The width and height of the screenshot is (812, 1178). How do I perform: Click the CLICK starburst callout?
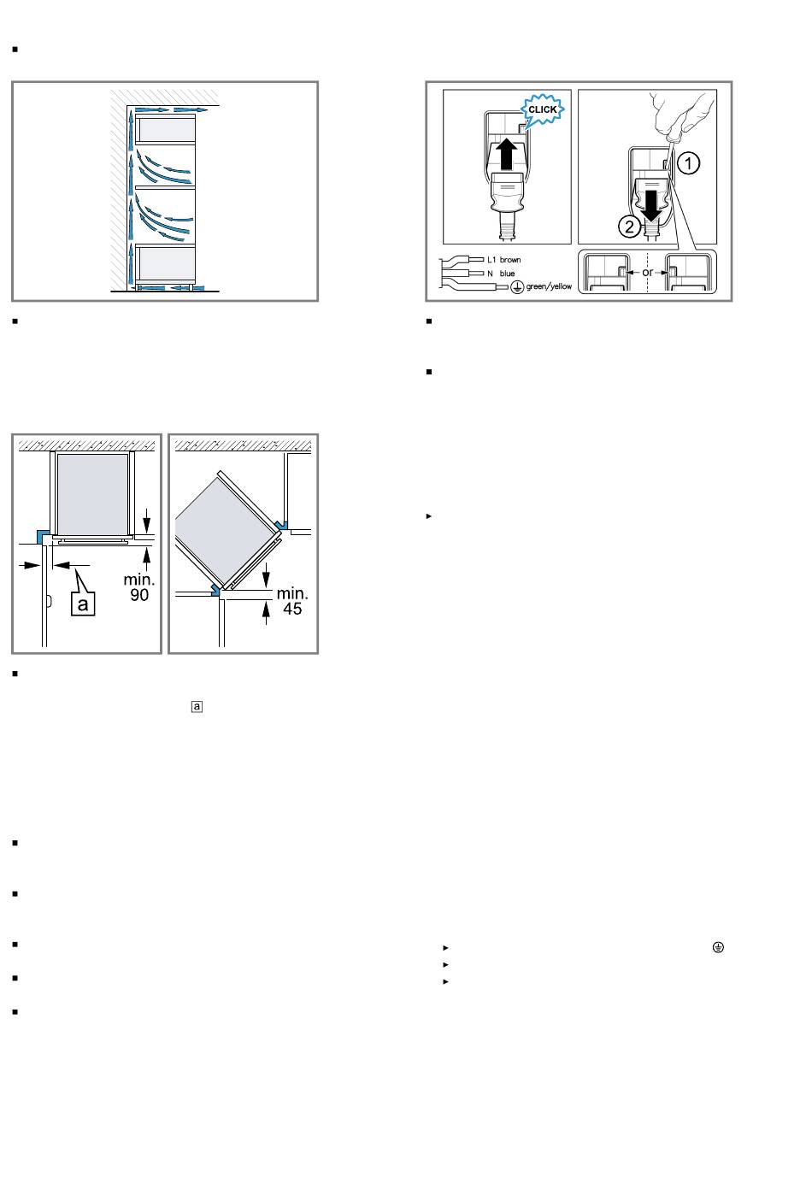click(542, 110)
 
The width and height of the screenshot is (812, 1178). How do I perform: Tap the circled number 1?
click(688, 163)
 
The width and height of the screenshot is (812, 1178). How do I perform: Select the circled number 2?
click(629, 227)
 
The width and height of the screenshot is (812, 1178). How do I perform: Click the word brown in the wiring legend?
click(509, 260)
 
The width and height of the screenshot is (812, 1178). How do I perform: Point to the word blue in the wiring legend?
click(507, 274)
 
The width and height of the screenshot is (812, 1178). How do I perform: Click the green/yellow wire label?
click(549, 286)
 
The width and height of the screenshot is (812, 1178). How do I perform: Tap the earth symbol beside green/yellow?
click(517, 287)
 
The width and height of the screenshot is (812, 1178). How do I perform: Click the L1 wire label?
click(491, 260)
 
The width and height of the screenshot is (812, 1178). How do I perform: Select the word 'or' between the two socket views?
click(647, 273)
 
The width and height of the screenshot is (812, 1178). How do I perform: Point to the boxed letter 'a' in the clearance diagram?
click(83, 604)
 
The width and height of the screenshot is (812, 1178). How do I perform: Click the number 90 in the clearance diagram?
click(139, 595)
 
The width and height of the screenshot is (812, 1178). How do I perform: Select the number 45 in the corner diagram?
click(292, 609)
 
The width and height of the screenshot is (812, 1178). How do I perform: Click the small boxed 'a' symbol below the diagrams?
click(197, 706)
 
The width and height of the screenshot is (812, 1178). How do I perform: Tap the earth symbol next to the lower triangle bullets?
click(718, 947)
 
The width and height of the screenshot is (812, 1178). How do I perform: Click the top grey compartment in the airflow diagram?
click(165, 129)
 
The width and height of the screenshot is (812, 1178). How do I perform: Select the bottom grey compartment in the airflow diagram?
click(165, 263)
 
